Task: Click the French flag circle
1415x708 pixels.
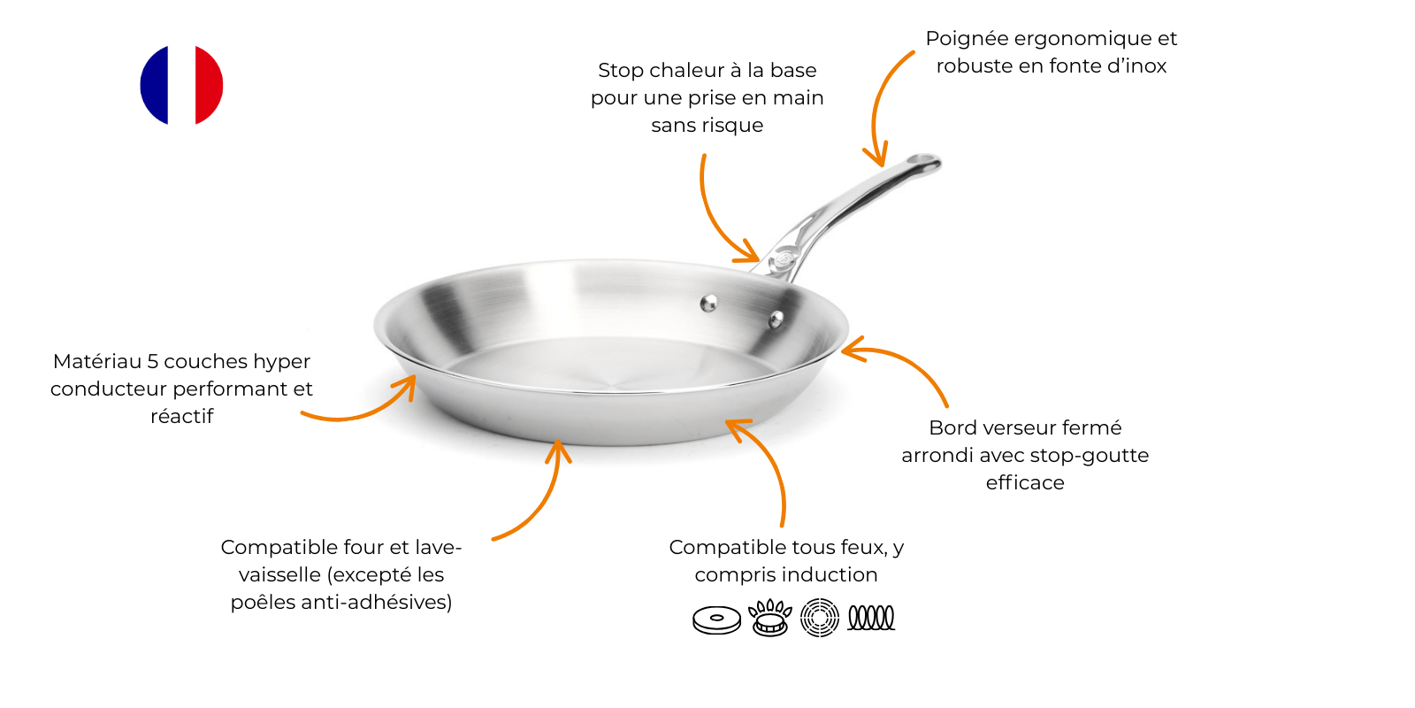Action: point(181,85)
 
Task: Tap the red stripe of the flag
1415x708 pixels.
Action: point(209,85)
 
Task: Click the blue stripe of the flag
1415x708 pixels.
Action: point(154,85)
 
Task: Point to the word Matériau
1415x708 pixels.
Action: point(97,361)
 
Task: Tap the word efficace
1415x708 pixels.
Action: point(1025,483)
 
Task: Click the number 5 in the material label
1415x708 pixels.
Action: point(152,362)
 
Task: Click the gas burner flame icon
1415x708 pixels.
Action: point(769,618)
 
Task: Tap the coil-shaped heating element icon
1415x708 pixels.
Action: point(871,618)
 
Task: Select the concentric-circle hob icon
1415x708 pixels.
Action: point(819,618)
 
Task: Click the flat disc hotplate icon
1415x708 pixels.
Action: point(717,620)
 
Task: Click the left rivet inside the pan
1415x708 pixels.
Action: point(708,304)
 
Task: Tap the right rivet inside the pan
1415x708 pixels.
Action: point(776,319)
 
